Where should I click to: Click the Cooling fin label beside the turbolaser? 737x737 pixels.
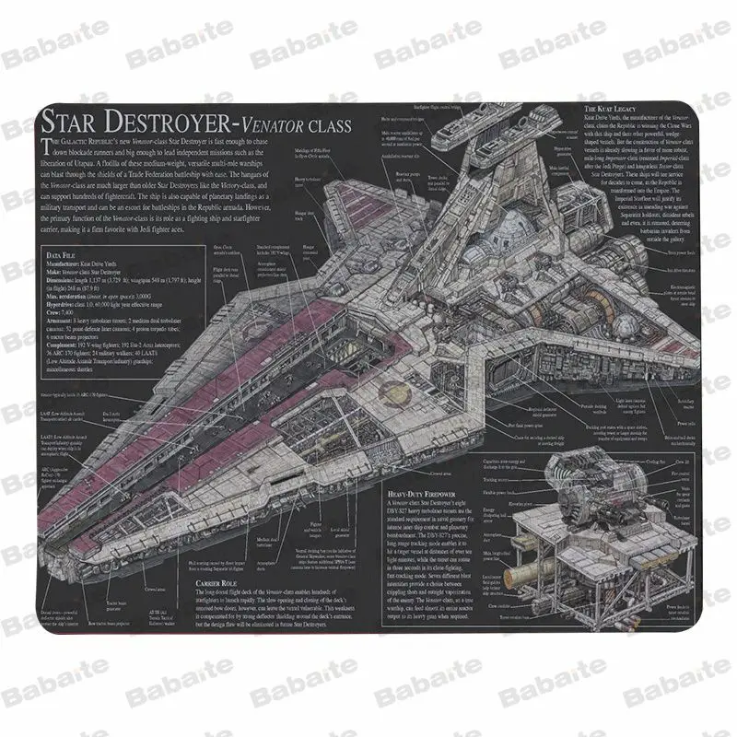point(652,460)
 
